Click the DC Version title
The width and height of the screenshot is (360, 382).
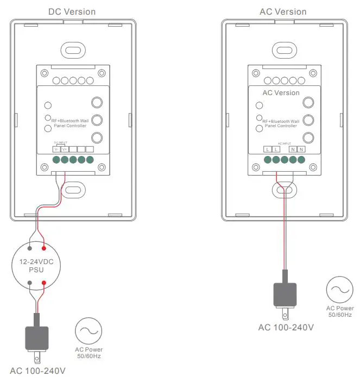(72, 11)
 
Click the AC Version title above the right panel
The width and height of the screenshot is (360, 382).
(283, 11)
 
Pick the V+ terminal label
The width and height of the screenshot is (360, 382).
(64, 149)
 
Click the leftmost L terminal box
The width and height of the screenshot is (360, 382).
(267, 149)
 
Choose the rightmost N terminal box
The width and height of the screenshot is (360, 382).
(301, 149)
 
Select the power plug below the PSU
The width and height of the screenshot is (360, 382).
(37, 340)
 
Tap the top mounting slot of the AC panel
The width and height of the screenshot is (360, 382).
(282, 51)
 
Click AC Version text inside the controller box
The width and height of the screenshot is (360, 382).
(281, 93)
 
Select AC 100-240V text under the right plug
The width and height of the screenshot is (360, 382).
(286, 327)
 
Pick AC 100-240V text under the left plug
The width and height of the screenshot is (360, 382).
(37, 371)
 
